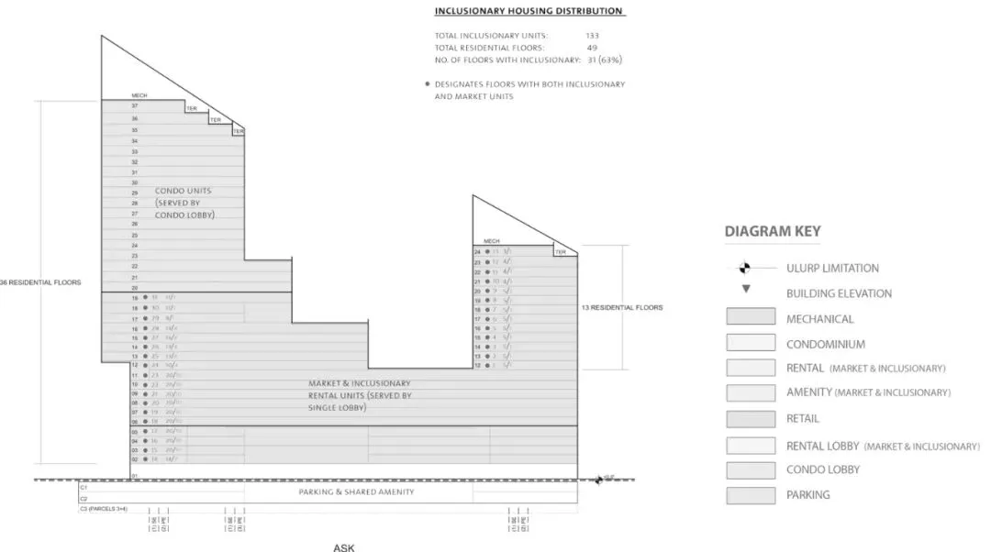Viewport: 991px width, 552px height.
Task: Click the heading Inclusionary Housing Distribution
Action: [529, 11]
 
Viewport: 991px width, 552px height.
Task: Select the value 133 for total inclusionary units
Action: [593, 36]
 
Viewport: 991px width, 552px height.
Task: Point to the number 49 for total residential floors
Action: [592, 48]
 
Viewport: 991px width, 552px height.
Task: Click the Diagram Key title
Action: [773, 232]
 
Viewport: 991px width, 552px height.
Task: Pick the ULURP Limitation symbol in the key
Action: [745, 269]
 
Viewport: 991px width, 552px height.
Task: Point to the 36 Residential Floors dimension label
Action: [40, 282]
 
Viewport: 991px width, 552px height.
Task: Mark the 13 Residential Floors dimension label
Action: [622, 308]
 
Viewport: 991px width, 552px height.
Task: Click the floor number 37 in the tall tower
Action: [134, 106]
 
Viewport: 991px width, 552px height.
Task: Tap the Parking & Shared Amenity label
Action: [357, 492]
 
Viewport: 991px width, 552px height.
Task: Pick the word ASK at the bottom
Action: [343, 547]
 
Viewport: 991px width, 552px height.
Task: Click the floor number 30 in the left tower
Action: [134, 182]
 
